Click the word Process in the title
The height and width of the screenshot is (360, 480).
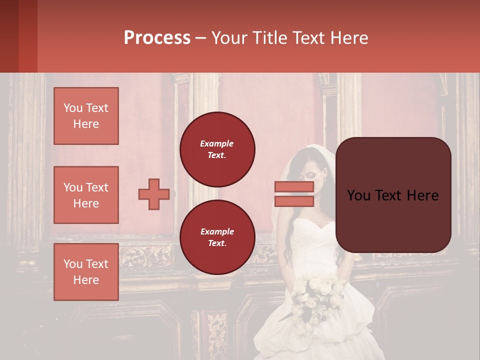coord(157,38)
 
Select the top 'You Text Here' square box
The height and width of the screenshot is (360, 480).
coord(86,116)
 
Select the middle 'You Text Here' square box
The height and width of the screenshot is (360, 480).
coord(86,195)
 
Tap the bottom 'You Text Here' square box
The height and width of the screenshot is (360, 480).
coord(86,272)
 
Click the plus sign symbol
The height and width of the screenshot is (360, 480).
coord(154,194)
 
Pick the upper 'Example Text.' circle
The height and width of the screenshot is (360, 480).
coord(217,149)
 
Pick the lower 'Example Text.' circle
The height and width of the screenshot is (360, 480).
coord(217,237)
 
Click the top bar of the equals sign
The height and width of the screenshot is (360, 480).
coord(294,186)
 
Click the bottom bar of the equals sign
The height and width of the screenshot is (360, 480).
coord(294,201)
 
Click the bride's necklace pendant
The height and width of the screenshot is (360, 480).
coord(318,218)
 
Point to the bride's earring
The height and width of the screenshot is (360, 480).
coord(324,180)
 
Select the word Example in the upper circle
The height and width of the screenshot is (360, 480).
coord(217,143)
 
